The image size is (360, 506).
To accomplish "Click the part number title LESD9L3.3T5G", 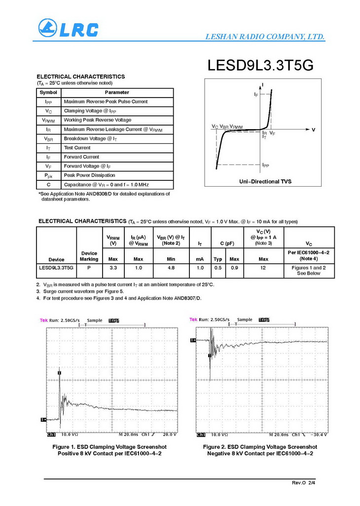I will pos(260,66).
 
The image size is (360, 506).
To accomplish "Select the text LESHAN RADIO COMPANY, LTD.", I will pos(264,37).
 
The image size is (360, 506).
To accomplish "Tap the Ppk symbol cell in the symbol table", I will pos(48,175).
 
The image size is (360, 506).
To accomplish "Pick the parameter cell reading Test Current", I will pos(77,148).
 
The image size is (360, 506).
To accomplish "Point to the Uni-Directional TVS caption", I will pos(265,182).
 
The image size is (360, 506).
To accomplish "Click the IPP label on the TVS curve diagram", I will pos(265,165).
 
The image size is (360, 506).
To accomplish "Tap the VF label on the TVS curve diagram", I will pos(272,134).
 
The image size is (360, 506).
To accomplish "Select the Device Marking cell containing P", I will pos(89,268).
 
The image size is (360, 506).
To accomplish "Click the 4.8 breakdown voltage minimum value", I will pos(171,268).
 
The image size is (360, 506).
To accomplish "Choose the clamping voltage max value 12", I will pos(263,268).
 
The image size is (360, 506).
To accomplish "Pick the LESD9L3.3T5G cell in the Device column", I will pos(56,268).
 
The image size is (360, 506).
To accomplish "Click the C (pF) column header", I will pos(226,243).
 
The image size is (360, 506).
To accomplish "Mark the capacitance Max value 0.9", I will pos(234,268).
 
